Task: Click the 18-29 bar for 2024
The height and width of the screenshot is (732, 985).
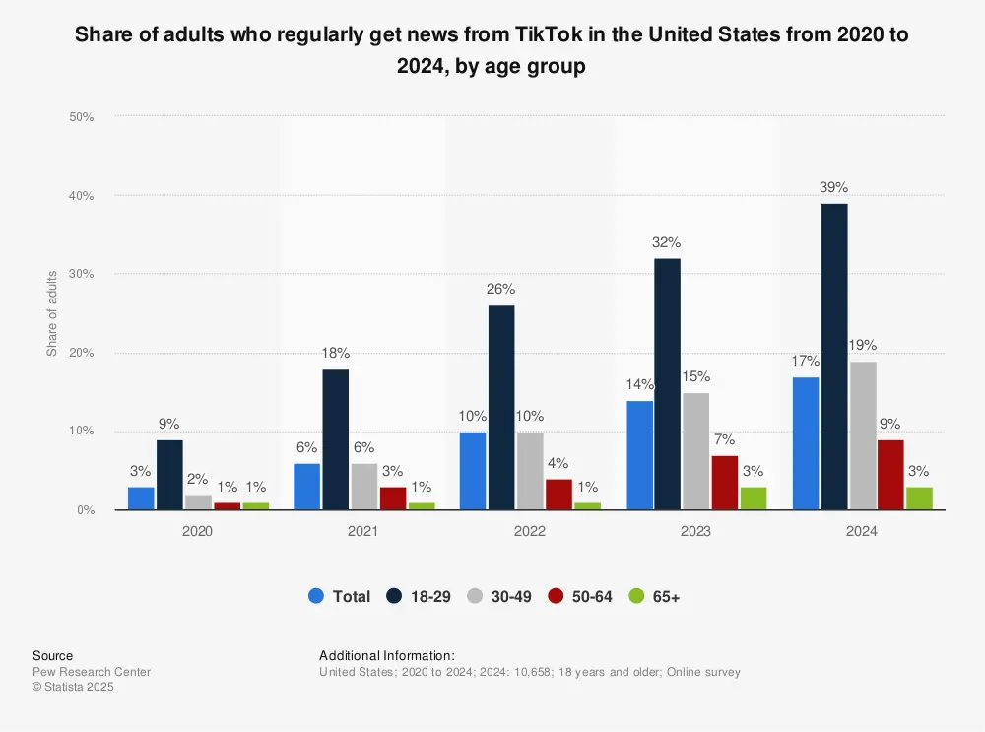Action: pyautogui.click(x=833, y=357)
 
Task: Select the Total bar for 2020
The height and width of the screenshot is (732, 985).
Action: pyautogui.click(x=141, y=499)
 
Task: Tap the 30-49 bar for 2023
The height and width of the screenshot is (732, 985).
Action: pyautogui.click(x=695, y=451)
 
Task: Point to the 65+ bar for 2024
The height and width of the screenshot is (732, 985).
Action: pyautogui.click(x=918, y=499)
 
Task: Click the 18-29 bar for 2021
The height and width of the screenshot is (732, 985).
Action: pyautogui.click(x=335, y=439)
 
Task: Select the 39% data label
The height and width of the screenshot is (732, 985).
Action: pyautogui.click(x=833, y=187)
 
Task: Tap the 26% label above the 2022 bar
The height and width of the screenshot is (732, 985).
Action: pyautogui.click(x=501, y=290)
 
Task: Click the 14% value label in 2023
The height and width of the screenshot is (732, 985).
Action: pyautogui.click(x=639, y=384)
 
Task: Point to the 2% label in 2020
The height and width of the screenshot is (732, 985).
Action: pyautogui.click(x=197, y=478)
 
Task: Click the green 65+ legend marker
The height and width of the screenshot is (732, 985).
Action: pyautogui.click(x=636, y=596)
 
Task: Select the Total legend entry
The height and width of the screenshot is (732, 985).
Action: pyautogui.click(x=340, y=596)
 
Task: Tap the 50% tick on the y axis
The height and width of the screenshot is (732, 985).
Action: pyautogui.click(x=81, y=117)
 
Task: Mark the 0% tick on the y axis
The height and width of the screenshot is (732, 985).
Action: pyautogui.click(x=85, y=510)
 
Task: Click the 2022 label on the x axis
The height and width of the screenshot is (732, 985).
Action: pyautogui.click(x=530, y=530)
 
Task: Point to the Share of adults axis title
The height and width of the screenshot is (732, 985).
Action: pyautogui.click(x=51, y=313)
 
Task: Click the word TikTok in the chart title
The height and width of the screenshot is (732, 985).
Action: pyautogui.click(x=528, y=33)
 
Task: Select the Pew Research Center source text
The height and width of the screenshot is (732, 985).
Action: pyautogui.click(x=92, y=672)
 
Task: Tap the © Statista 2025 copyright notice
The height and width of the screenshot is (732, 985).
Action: pyautogui.click(x=74, y=688)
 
